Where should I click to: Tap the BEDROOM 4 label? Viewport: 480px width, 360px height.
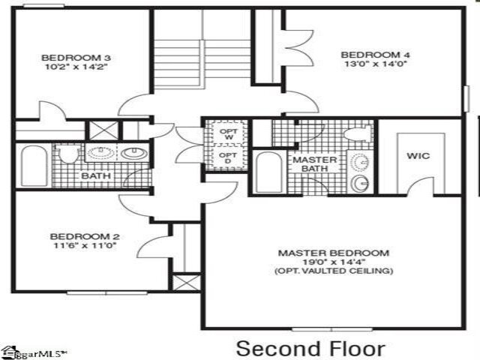tap(366, 55)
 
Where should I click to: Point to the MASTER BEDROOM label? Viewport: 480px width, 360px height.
tap(333, 253)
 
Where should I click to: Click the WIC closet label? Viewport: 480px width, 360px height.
tap(418, 157)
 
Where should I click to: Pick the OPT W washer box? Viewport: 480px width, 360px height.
tap(228, 134)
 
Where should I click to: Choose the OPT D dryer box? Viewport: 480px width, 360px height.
tap(228, 158)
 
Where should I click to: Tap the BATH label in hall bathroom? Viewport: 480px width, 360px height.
tap(95, 175)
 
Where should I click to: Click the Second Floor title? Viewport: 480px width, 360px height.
tap(311, 348)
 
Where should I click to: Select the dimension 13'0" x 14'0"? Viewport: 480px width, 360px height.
tap(366, 64)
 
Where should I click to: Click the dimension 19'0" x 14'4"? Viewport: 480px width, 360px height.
tap(333, 262)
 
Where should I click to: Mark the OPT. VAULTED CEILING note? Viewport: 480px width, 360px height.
tap(333, 271)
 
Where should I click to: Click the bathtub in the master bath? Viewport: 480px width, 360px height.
tap(268, 172)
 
